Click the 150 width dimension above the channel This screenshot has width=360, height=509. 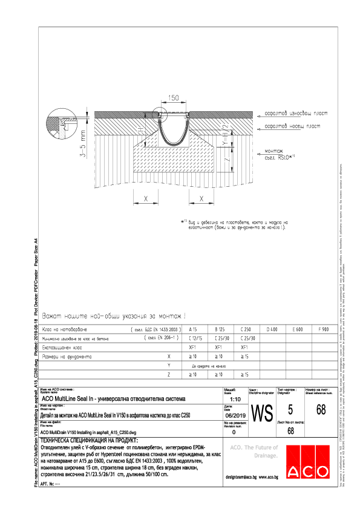(174, 98)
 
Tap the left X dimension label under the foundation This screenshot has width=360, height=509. (145, 198)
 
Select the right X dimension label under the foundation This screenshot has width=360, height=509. (200, 198)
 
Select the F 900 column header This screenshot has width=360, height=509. (324, 329)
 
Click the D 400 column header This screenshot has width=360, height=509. (272, 329)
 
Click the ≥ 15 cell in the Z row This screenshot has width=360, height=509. (245, 375)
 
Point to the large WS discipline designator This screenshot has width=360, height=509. (261, 414)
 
